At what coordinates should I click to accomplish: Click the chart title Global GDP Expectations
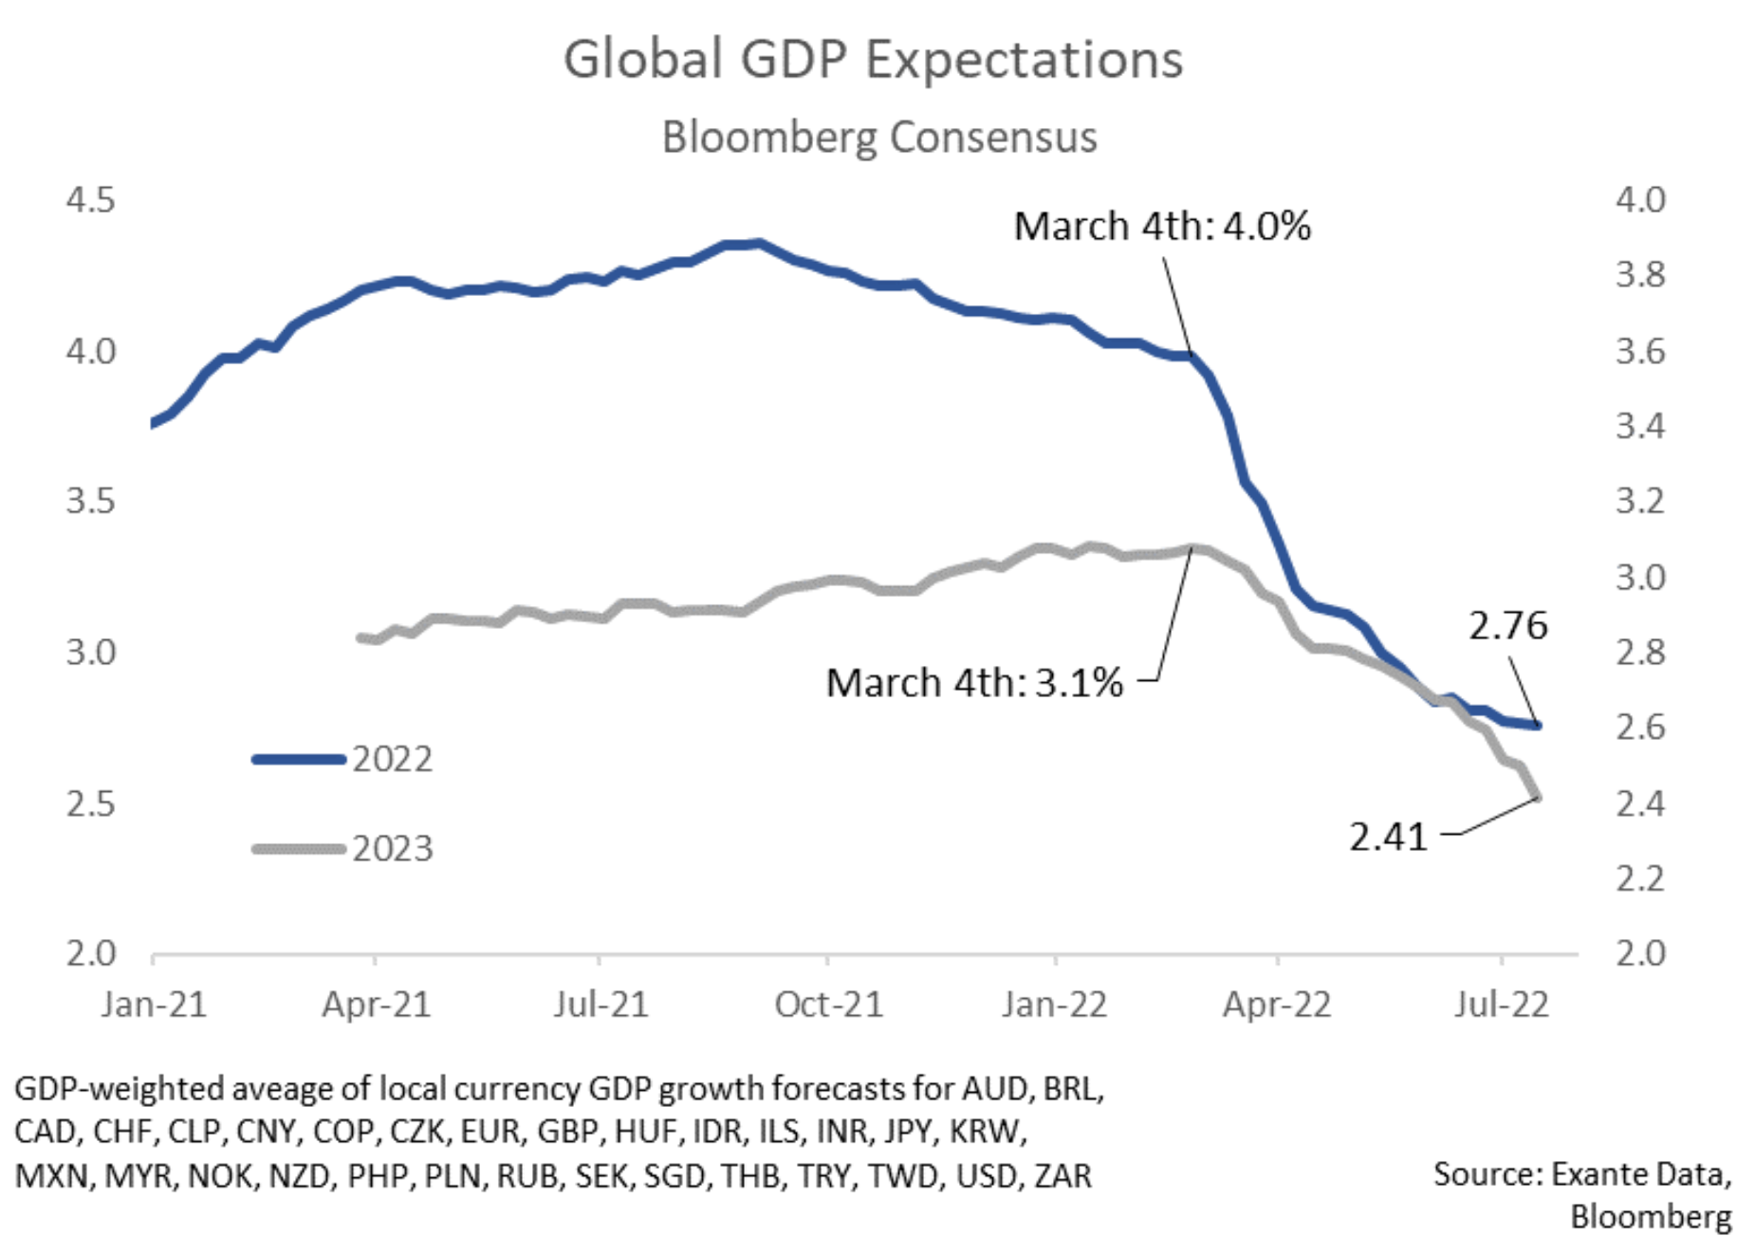point(873,59)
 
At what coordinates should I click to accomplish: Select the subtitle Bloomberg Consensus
point(878,137)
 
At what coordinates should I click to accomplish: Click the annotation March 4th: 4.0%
point(1161,227)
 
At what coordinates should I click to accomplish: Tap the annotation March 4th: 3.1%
point(973,683)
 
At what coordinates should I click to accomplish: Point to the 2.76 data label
point(1507,626)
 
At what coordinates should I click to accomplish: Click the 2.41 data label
point(1388,838)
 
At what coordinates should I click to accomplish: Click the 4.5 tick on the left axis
point(90,200)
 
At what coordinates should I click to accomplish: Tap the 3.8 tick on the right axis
point(1640,275)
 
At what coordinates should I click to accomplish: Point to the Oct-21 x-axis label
point(828,1005)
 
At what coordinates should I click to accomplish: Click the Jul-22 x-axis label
point(1501,1005)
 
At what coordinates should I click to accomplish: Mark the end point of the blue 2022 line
point(1537,726)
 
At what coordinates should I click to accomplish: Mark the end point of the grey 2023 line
point(1537,797)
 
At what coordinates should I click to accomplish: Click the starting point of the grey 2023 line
point(360,638)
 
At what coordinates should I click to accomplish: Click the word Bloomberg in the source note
point(1650,1216)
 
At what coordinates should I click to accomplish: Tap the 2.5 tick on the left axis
point(90,804)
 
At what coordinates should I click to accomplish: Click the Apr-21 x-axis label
point(376,1005)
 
